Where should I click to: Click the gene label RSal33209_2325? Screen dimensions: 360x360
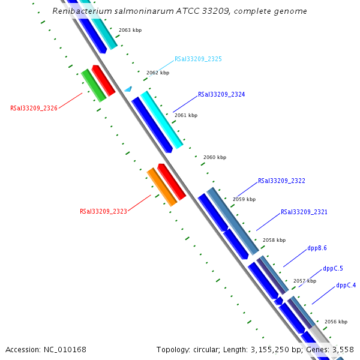tap(198, 59)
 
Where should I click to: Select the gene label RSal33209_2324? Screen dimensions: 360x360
tap(221, 95)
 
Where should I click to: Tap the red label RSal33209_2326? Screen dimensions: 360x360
tap(34, 109)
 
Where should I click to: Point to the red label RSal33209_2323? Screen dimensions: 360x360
tap(103, 211)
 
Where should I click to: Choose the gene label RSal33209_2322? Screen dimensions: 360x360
tap(281, 181)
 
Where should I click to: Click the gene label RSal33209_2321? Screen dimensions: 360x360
tap(304, 212)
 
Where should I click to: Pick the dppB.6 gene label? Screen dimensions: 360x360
tap(317, 248)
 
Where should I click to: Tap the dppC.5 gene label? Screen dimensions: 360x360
tap(333, 268)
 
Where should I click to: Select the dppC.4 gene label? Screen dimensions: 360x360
tap(346, 286)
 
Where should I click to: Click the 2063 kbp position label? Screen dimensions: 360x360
tap(130, 30)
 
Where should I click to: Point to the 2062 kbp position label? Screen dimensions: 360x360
tap(158, 73)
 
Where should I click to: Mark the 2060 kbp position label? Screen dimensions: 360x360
tap(215, 157)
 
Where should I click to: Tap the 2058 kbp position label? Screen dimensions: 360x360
tap(274, 240)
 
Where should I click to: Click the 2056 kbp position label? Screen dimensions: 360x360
tap(335, 322)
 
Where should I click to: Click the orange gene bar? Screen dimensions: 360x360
tap(162, 187)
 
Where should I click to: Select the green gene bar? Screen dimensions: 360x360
tap(94, 85)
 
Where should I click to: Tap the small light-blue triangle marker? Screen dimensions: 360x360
tap(128, 89)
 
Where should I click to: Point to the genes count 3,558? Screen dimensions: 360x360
tap(344, 349)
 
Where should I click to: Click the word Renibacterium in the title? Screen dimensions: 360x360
tap(77, 11)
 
